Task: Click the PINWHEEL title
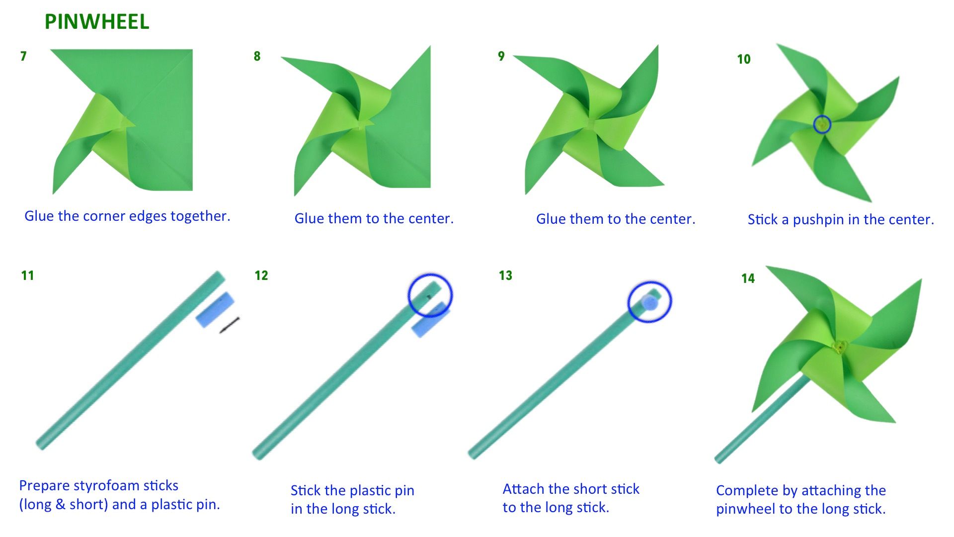[x=97, y=22]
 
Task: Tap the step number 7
[x=23, y=56]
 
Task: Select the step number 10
[x=743, y=59]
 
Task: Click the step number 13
[x=505, y=275]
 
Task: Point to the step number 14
[x=748, y=278]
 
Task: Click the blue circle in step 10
[x=822, y=124]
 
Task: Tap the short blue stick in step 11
[x=215, y=309]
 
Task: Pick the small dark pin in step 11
[x=230, y=325]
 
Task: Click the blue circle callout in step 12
[x=430, y=295]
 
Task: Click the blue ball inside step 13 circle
[x=649, y=302]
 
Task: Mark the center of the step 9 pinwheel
[x=590, y=123]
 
